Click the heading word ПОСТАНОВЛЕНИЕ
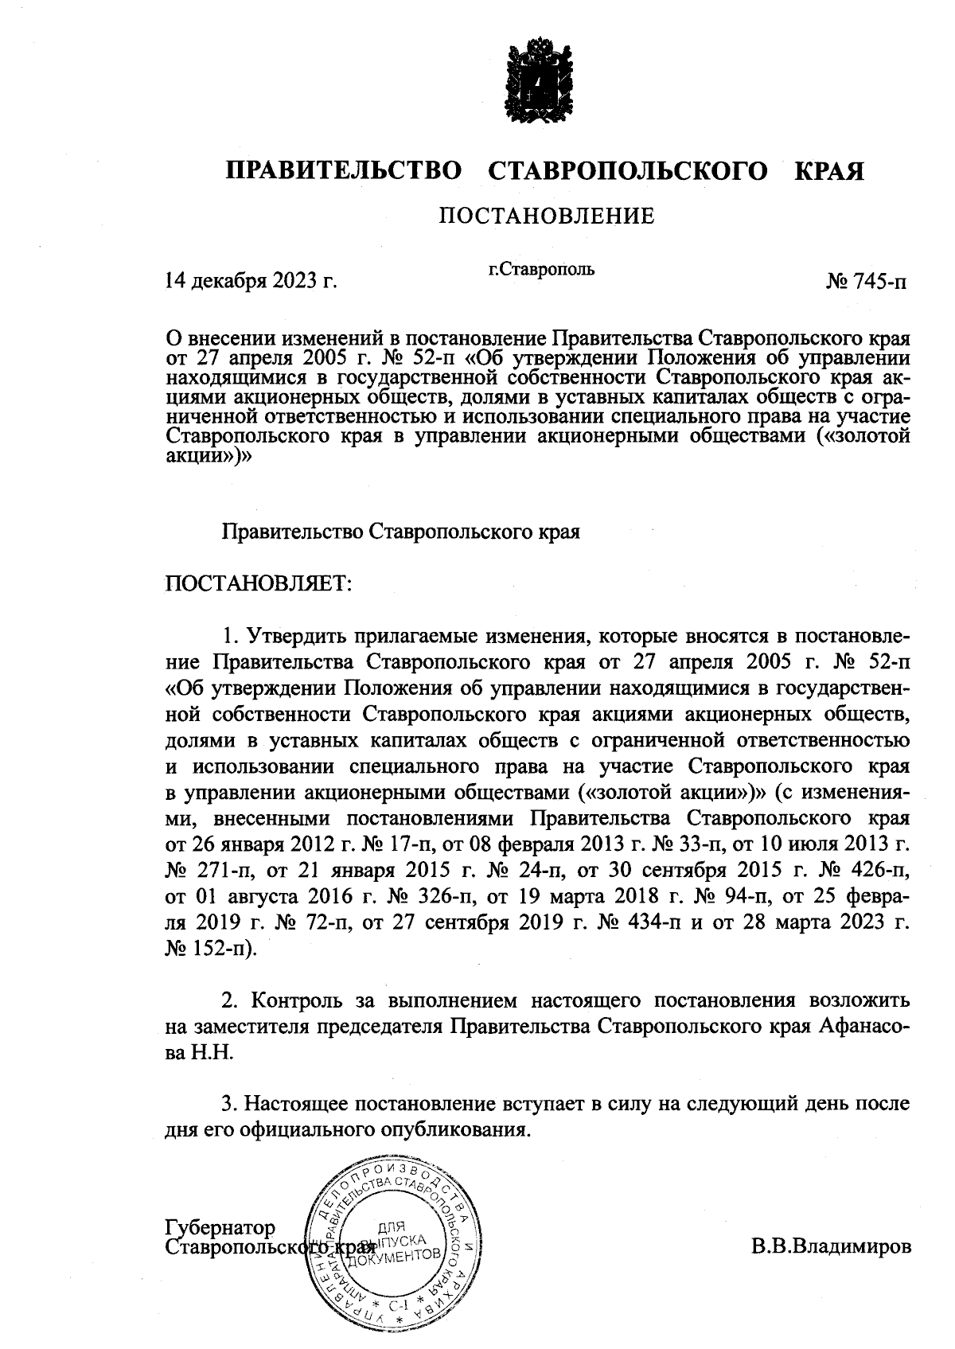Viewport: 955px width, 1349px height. click(x=548, y=216)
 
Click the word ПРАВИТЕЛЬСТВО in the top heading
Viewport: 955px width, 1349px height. click(x=344, y=171)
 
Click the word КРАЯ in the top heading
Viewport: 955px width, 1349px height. click(x=828, y=171)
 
